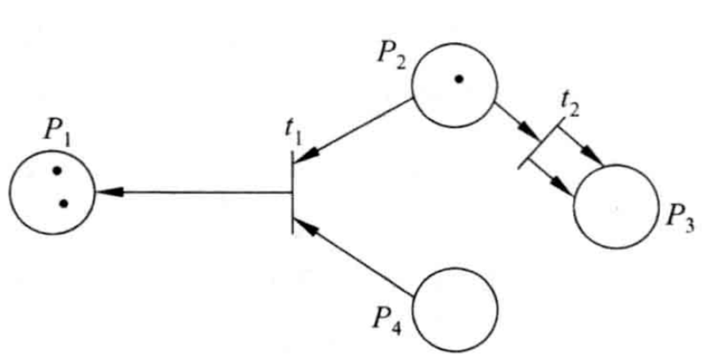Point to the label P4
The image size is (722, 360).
tap(387, 319)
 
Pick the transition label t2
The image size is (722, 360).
tap(570, 109)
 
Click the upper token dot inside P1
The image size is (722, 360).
tap(57, 170)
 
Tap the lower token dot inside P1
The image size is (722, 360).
tap(63, 204)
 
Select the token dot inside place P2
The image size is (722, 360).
tap(458, 79)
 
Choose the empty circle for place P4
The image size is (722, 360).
tap(455, 309)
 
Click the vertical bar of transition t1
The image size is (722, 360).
tap(291, 192)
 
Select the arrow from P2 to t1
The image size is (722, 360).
tap(353, 131)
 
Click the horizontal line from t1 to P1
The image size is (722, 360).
tap(198, 193)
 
